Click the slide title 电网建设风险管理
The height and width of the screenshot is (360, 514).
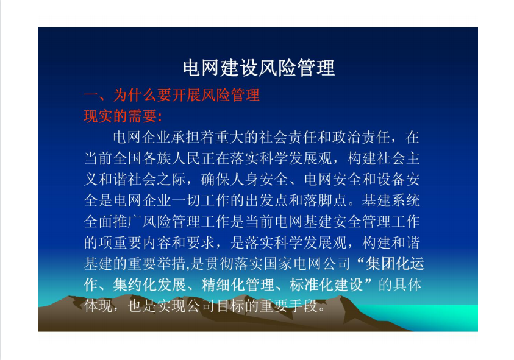tap(259, 68)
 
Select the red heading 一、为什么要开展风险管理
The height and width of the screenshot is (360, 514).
tap(171, 95)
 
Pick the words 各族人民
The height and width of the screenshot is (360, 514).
tap(171, 158)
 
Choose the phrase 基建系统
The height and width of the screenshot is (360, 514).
tap(390, 200)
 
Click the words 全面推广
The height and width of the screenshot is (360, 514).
tap(113, 222)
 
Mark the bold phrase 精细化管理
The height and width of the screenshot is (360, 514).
tap(237, 284)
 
